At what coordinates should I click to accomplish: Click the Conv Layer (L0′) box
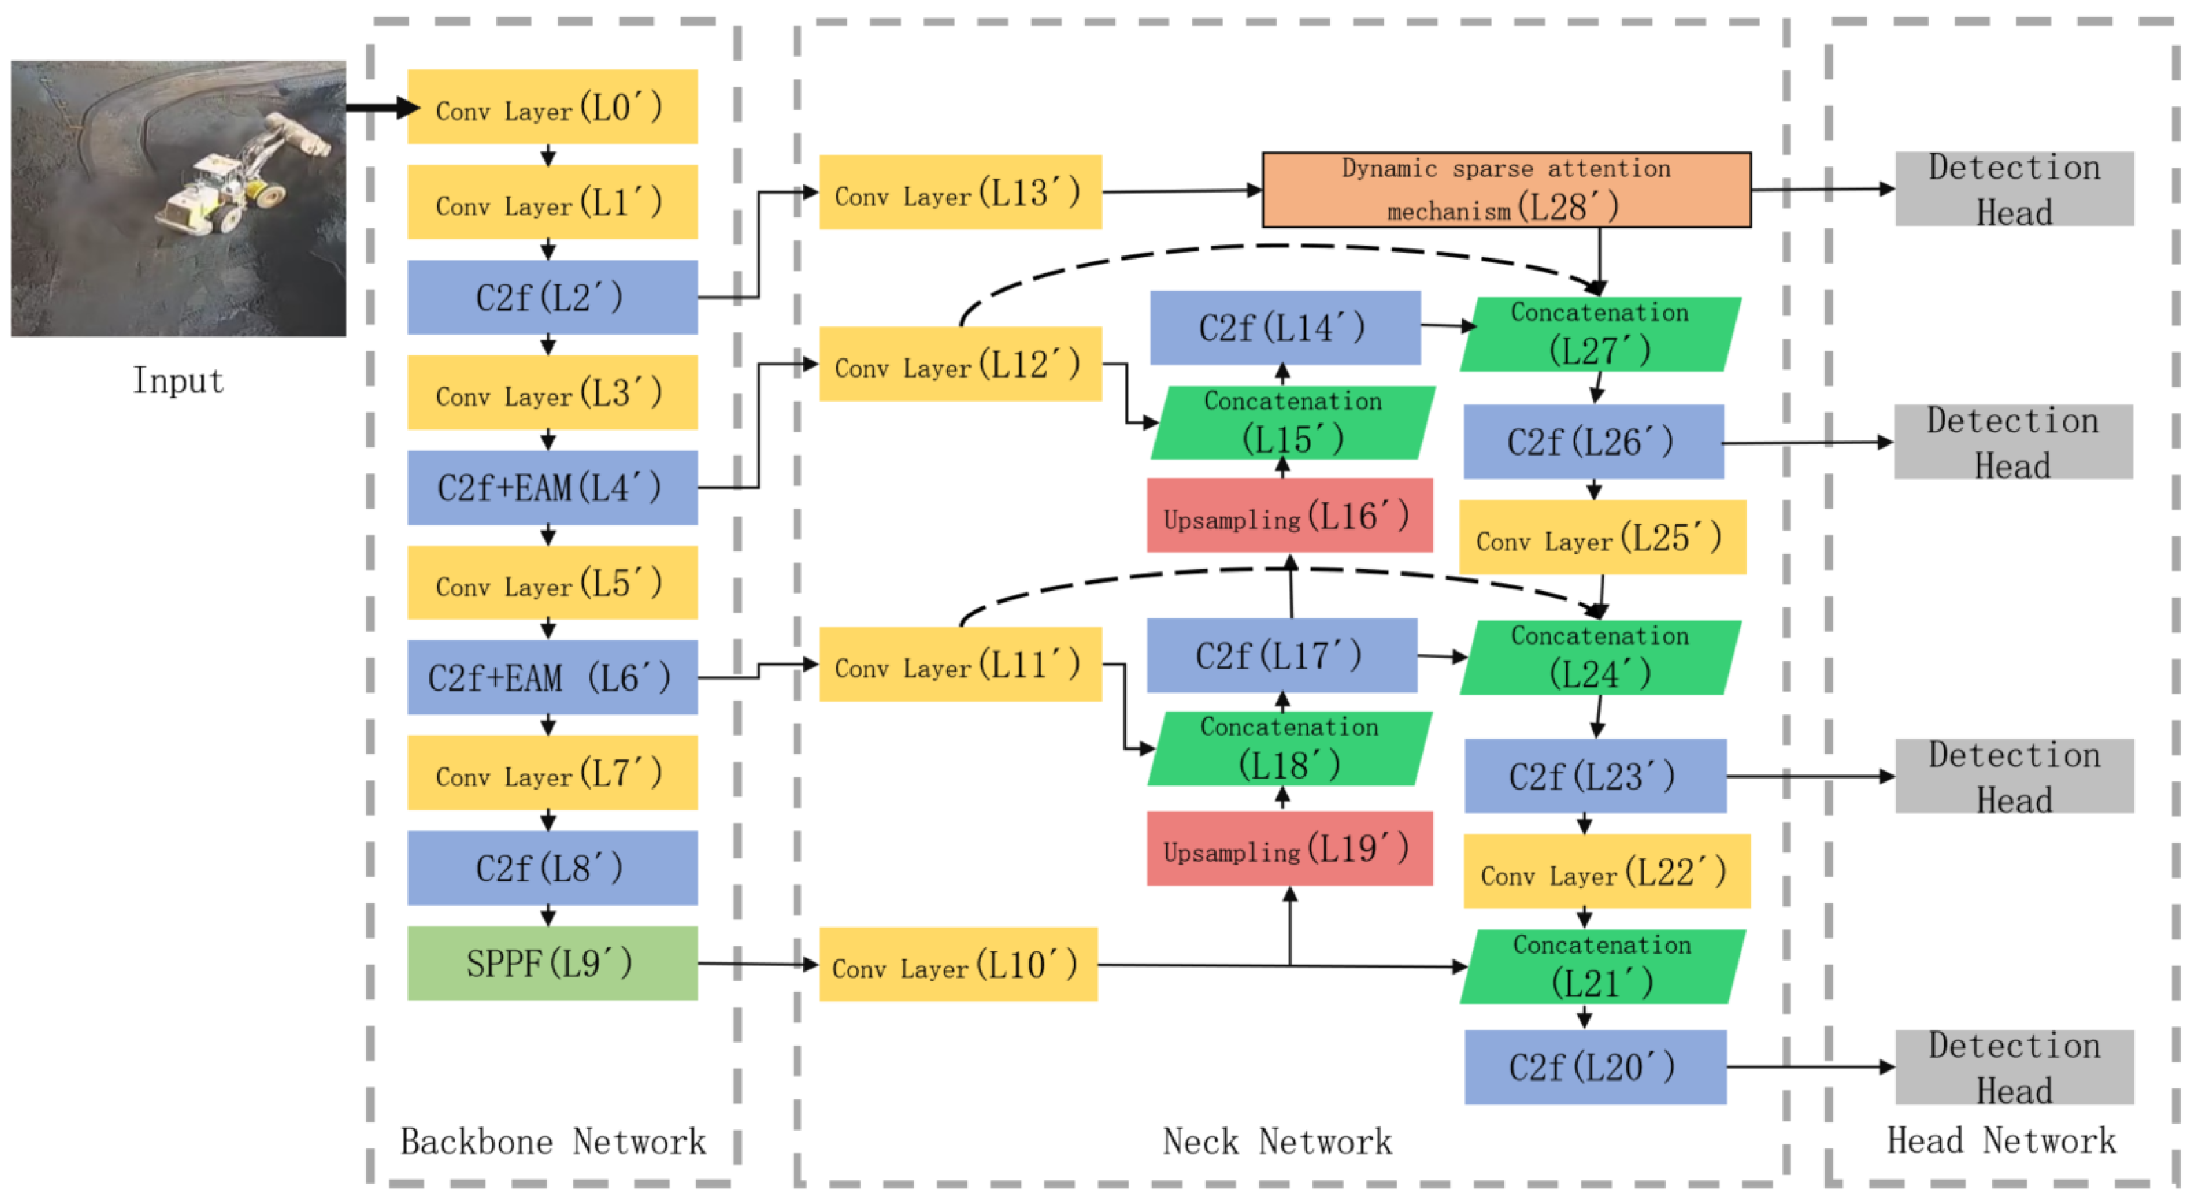[x=551, y=106]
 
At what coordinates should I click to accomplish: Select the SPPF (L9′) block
[x=551, y=963]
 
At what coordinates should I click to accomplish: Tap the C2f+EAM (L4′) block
[x=551, y=487]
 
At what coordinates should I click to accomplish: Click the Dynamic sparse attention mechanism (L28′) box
[x=1505, y=189]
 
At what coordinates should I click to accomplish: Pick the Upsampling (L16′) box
[x=1289, y=515]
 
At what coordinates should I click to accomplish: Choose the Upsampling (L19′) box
[x=1289, y=848]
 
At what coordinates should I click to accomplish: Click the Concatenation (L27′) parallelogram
[x=1599, y=334]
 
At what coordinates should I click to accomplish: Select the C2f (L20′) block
[x=1595, y=1067]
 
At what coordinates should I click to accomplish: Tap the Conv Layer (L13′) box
[x=959, y=192]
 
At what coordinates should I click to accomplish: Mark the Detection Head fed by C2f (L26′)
[x=2012, y=441]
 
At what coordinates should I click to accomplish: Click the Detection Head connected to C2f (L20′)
[x=2014, y=1067]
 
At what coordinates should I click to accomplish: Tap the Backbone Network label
[x=553, y=1141]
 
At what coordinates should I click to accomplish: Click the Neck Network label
[x=1277, y=1141]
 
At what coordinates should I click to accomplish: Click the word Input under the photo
[x=178, y=380]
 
